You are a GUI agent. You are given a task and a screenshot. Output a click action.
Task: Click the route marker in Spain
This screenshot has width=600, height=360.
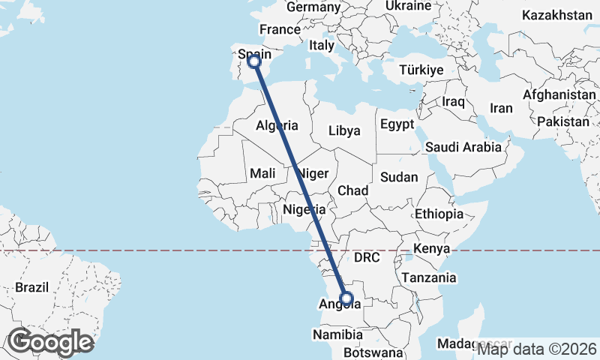click(x=254, y=61)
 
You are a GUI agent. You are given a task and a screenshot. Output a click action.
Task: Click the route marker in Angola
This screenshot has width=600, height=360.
click(x=346, y=298)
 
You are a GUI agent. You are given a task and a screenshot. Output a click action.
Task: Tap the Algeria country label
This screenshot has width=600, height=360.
click(x=277, y=125)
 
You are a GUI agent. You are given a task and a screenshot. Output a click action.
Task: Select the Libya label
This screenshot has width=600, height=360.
click(x=344, y=130)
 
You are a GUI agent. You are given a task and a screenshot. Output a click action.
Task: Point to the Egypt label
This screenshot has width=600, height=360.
click(x=397, y=124)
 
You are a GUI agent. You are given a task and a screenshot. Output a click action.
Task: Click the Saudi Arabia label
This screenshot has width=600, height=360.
click(x=463, y=147)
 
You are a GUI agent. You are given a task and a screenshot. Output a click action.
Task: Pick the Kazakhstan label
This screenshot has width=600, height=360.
click(x=557, y=15)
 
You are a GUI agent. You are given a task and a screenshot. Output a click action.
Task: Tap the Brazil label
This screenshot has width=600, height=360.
click(x=31, y=286)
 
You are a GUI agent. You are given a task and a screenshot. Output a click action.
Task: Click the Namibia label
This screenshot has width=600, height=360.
click(x=339, y=334)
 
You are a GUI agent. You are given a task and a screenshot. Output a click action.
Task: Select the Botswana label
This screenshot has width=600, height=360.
click(x=374, y=352)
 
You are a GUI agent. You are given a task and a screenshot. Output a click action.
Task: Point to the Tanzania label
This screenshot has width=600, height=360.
click(x=428, y=277)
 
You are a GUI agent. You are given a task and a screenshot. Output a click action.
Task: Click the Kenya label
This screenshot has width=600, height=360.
click(x=431, y=248)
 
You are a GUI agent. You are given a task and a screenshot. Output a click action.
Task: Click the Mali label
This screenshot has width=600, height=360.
click(x=262, y=173)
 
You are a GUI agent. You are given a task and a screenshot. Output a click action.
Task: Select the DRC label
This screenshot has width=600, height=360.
click(x=367, y=257)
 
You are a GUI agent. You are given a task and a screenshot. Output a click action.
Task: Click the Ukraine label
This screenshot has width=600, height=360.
click(x=408, y=6)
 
